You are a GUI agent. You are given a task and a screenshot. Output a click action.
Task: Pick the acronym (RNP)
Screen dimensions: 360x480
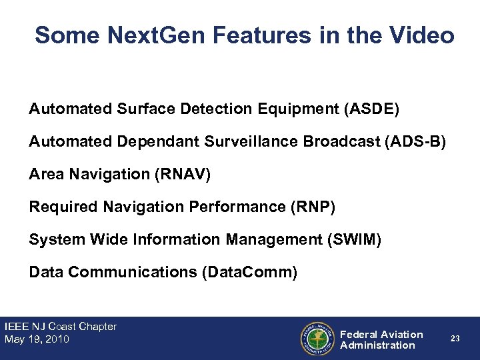coord(313,207)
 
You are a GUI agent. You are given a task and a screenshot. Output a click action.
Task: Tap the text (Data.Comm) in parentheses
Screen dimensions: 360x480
coord(249,272)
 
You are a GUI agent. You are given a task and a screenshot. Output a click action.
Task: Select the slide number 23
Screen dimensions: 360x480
coord(455,339)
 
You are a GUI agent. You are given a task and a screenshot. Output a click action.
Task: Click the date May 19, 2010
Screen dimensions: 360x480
coord(37,339)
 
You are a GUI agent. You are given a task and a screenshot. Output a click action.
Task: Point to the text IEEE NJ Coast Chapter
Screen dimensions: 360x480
coord(61,327)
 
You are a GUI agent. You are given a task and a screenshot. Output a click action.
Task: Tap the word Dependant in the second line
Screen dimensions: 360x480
coord(149,141)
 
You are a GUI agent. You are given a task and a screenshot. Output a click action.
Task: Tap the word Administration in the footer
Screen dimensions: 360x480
coord(377,345)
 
